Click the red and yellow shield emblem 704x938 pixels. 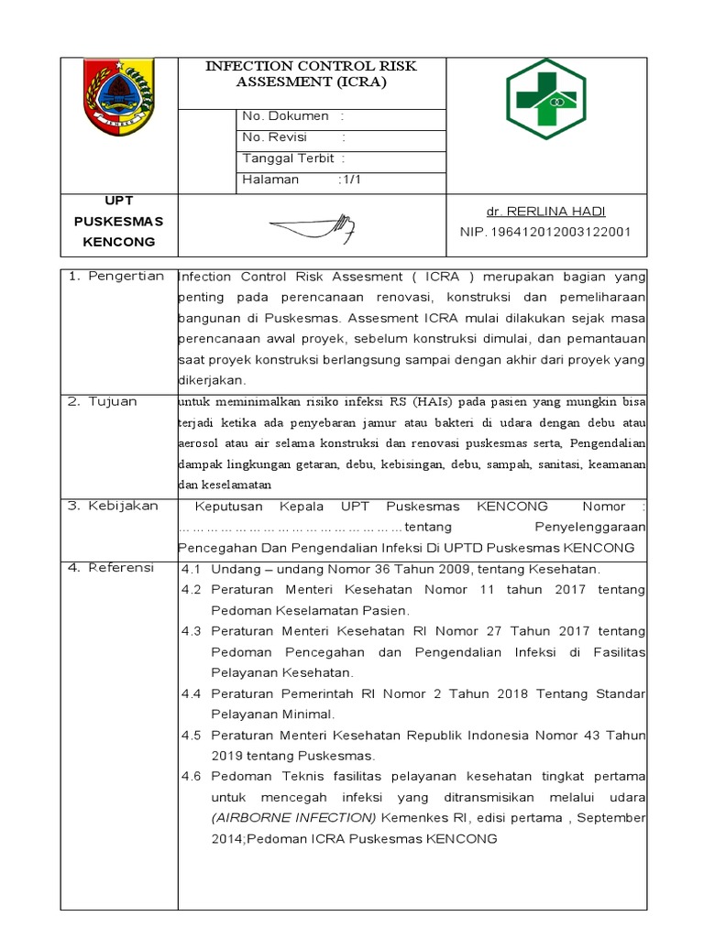pos(119,99)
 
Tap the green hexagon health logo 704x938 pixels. pos(547,98)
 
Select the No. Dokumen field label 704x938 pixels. pos(284,116)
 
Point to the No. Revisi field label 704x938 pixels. pos(275,137)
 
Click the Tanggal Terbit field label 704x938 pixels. pos(287,158)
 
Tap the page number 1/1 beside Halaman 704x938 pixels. pos(350,180)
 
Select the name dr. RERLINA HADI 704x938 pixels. pos(546,212)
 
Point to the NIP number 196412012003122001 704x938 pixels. pos(545,233)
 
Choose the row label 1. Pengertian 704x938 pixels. pos(116,276)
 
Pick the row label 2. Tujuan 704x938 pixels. pos(103,401)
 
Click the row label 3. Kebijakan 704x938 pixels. pos(114,506)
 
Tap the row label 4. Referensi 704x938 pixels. pos(112,568)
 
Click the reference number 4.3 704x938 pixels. pos(191,631)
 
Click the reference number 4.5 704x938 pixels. pos(191,735)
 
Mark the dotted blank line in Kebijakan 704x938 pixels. pos(290,528)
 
